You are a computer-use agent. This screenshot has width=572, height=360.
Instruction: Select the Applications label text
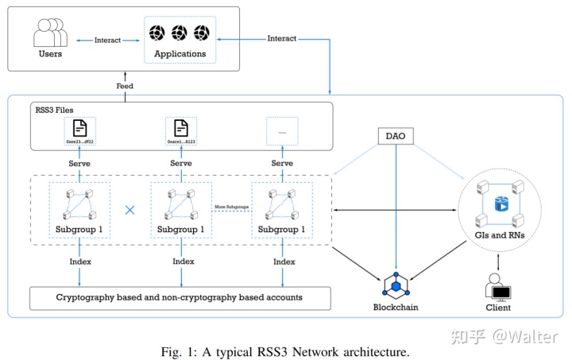click(179, 54)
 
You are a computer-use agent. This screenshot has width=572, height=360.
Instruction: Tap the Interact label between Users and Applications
click(107, 39)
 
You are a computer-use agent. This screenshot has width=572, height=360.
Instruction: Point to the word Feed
click(125, 85)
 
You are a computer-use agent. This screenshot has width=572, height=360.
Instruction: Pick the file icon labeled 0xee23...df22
click(79, 127)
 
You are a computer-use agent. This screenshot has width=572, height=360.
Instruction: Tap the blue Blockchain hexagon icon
click(395, 284)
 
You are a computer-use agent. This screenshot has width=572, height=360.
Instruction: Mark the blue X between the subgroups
click(130, 209)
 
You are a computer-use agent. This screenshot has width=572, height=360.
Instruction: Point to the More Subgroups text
click(231, 207)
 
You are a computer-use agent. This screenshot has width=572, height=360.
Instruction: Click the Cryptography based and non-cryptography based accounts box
click(177, 298)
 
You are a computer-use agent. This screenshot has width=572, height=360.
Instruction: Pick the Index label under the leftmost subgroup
click(79, 261)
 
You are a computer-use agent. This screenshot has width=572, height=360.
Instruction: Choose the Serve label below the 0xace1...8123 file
click(182, 163)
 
